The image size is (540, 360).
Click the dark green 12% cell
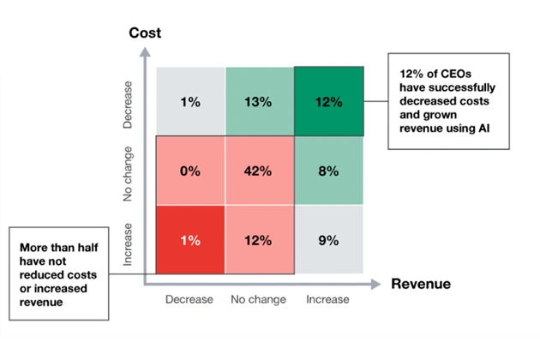[328, 102]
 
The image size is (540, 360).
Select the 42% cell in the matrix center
[259, 171]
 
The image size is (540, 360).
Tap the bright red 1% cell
[189, 240]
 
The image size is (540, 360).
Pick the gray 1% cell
[189, 102]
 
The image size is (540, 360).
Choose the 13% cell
[259, 102]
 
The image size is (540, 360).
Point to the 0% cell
[189, 171]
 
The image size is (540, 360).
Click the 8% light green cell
[328, 171]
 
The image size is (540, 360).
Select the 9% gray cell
[328, 240]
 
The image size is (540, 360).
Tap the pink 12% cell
[259, 240]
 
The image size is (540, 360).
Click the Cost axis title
[146, 33]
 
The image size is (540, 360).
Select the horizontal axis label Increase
[327, 299]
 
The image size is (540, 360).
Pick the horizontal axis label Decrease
[189, 299]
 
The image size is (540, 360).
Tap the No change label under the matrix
[258, 299]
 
